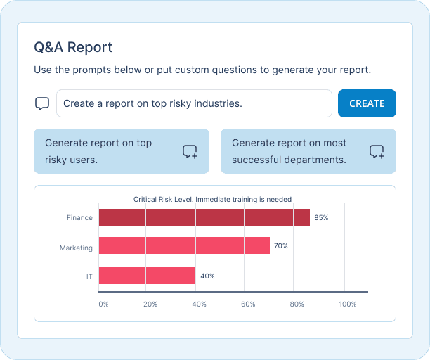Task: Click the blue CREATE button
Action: point(367,103)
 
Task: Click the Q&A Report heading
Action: point(73,48)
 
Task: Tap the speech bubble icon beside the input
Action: point(42,103)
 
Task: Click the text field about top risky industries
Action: point(194,103)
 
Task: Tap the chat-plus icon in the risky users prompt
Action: point(190,151)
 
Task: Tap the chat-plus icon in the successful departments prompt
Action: point(377,151)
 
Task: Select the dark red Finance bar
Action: point(204,217)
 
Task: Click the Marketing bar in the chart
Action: point(184,245)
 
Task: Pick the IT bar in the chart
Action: point(147,276)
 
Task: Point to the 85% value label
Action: point(321,218)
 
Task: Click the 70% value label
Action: point(281,246)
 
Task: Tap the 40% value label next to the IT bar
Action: point(207,276)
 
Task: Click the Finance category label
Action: point(79,218)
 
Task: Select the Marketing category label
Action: point(76,248)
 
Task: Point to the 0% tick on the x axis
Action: point(103,304)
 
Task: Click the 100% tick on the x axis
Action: point(347,304)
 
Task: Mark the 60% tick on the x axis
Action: point(247,304)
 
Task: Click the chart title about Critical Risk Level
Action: point(212,200)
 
